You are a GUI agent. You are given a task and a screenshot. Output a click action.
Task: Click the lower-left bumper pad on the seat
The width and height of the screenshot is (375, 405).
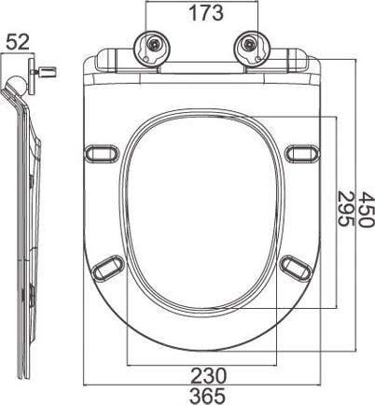tap(106, 266)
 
